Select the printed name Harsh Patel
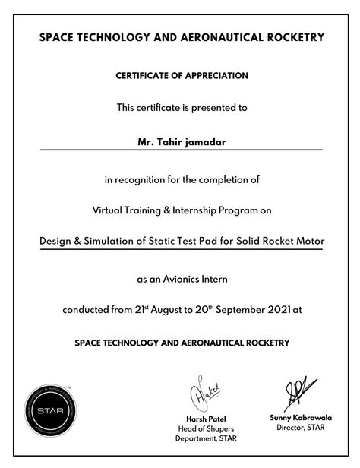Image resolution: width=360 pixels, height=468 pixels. tap(206, 419)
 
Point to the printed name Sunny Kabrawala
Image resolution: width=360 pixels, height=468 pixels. tap(300, 418)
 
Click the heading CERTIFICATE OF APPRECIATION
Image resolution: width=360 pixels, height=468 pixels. tap(182, 76)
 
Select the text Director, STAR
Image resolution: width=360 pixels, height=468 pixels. tap(300, 428)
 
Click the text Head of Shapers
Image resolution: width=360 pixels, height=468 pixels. tap(206, 428)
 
